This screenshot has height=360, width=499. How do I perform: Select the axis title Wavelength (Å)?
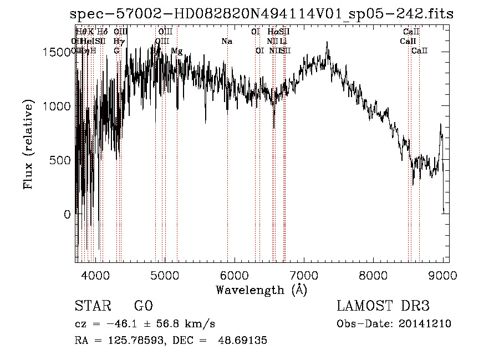point(261,290)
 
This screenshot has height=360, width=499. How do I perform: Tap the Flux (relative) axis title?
point(28,145)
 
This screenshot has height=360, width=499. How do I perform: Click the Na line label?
point(226,41)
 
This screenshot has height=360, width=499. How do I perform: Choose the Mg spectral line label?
point(177,50)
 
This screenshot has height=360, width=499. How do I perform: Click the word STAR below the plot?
point(91,306)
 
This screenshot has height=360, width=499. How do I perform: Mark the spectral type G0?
point(143,306)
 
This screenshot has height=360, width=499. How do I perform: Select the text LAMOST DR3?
point(383,306)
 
